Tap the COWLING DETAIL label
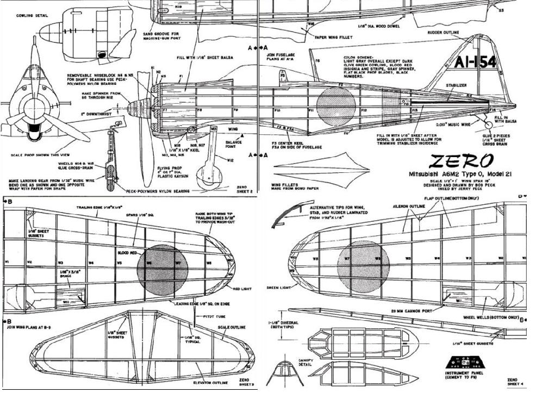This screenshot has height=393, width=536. (x=32, y=16)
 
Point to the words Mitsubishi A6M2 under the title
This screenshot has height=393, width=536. (x=433, y=175)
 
